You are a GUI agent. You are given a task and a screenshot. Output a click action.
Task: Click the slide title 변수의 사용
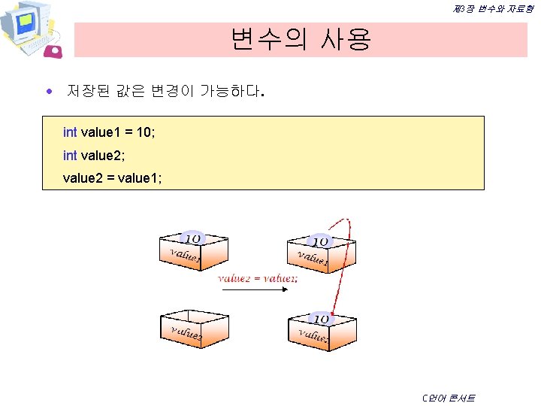[x=301, y=38]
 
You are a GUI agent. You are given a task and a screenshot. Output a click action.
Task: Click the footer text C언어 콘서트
[x=449, y=398]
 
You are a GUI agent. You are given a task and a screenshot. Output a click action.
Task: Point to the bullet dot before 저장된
[x=49, y=92]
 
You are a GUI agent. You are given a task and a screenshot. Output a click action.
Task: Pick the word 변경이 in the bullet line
[x=173, y=92]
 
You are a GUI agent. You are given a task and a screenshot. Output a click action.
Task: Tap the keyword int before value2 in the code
[x=70, y=156]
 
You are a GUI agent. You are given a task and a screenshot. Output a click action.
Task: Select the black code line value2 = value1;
[x=112, y=179]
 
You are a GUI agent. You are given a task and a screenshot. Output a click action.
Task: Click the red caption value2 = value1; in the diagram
[x=257, y=278]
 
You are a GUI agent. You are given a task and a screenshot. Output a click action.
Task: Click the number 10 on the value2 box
[x=322, y=320]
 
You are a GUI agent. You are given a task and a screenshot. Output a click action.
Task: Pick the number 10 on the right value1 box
[x=322, y=241]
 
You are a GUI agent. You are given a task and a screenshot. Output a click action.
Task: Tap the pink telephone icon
[x=55, y=51]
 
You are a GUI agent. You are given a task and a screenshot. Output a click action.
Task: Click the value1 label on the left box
[x=184, y=256]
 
